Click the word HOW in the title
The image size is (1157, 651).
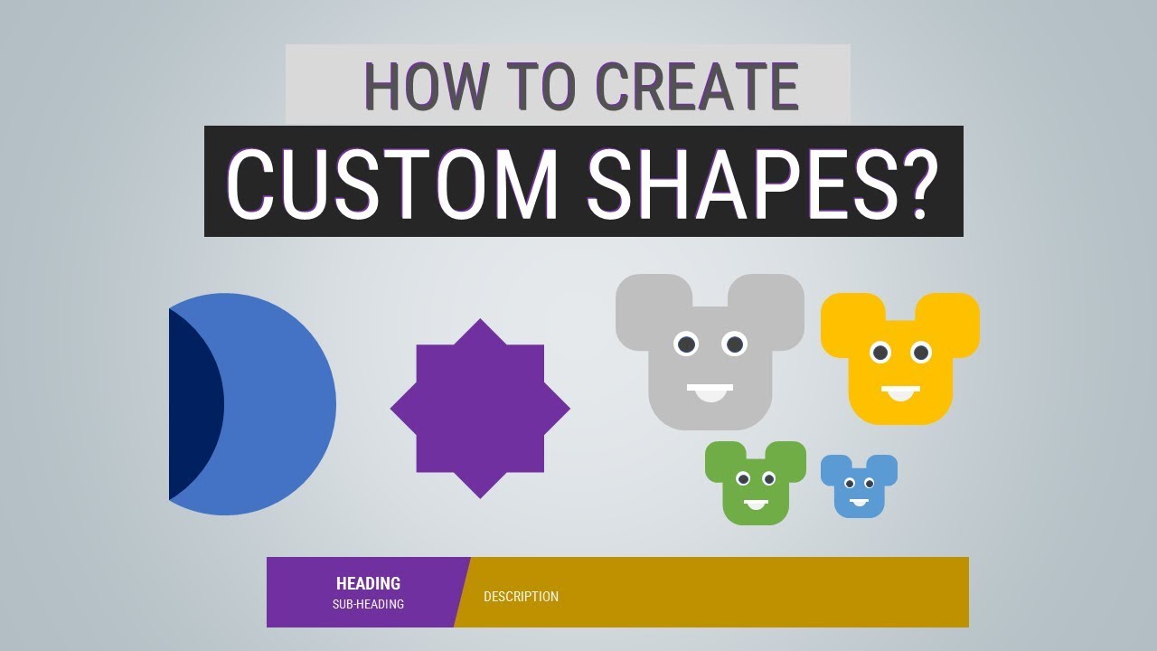point(421,87)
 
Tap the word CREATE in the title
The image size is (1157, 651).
point(697,87)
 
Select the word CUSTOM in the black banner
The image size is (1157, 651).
point(391,182)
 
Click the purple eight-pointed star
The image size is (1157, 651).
point(480,409)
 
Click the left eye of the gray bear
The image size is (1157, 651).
point(686,344)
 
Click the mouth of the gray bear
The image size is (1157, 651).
point(710,392)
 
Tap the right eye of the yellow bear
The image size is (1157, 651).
point(921,353)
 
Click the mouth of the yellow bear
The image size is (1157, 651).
point(900,392)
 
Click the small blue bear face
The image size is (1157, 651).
point(859,488)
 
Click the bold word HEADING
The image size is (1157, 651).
point(368,584)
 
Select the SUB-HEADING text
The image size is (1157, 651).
point(368,604)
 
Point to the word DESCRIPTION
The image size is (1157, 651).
point(521,597)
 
